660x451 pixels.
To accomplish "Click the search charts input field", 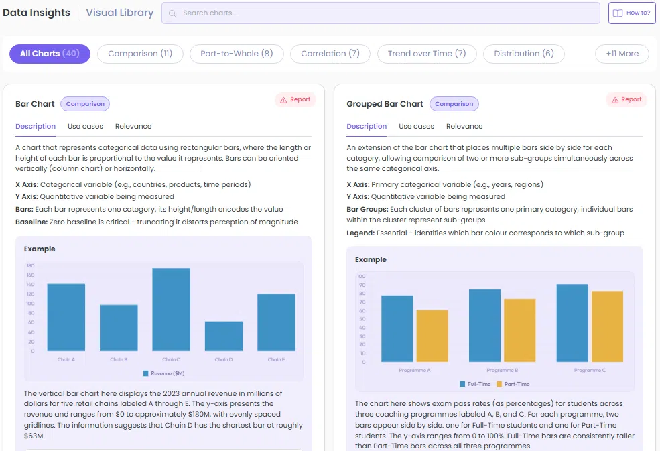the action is (381, 13).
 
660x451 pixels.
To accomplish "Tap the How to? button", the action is (632, 13).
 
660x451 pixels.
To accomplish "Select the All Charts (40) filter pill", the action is (50, 54).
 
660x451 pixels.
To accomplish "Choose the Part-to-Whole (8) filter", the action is (237, 54).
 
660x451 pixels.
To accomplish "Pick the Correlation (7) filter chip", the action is (330, 54).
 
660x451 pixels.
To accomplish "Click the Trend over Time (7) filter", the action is (427, 54).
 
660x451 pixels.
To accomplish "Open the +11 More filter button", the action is (622, 54).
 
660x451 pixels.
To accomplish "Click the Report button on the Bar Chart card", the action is (295, 100).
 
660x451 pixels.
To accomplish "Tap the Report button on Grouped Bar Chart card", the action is (626, 100).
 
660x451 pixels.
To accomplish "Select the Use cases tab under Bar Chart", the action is (85, 127).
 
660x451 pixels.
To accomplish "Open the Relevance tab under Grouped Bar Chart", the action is (464, 127).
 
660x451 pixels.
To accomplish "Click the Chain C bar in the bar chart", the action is (172, 310).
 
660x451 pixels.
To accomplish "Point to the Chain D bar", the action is (224, 336).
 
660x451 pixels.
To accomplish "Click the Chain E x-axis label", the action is (276, 360).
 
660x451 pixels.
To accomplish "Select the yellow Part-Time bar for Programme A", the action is (432, 336).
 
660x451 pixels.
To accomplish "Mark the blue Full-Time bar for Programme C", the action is (572, 323).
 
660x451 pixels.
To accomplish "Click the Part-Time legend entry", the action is (513, 384).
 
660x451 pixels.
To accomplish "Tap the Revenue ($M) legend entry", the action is (163, 373).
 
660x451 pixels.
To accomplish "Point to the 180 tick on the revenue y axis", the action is (30, 266).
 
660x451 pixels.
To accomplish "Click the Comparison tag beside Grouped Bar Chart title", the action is (454, 104).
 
